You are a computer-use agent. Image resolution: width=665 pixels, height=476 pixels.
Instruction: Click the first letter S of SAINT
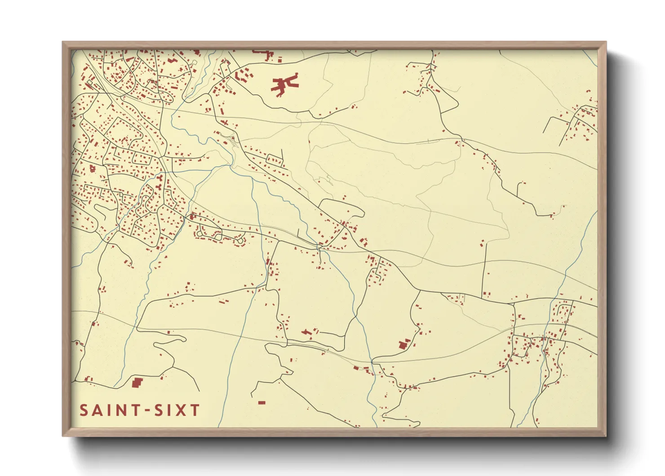point(84,410)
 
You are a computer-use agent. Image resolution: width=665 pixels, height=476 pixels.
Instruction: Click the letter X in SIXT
point(181,410)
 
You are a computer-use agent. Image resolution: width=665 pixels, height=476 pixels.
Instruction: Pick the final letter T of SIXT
point(195,410)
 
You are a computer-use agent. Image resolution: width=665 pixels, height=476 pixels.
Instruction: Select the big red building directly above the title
point(137,382)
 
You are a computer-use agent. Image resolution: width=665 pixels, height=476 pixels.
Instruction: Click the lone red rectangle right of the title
point(262,403)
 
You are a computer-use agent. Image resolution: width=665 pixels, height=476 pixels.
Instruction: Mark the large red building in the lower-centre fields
point(403,345)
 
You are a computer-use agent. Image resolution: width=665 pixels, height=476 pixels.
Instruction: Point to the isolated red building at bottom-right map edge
point(536,421)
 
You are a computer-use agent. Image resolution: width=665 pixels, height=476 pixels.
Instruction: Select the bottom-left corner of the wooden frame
point(63,435)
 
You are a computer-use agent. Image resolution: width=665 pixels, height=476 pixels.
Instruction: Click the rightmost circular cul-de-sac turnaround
point(241,242)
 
